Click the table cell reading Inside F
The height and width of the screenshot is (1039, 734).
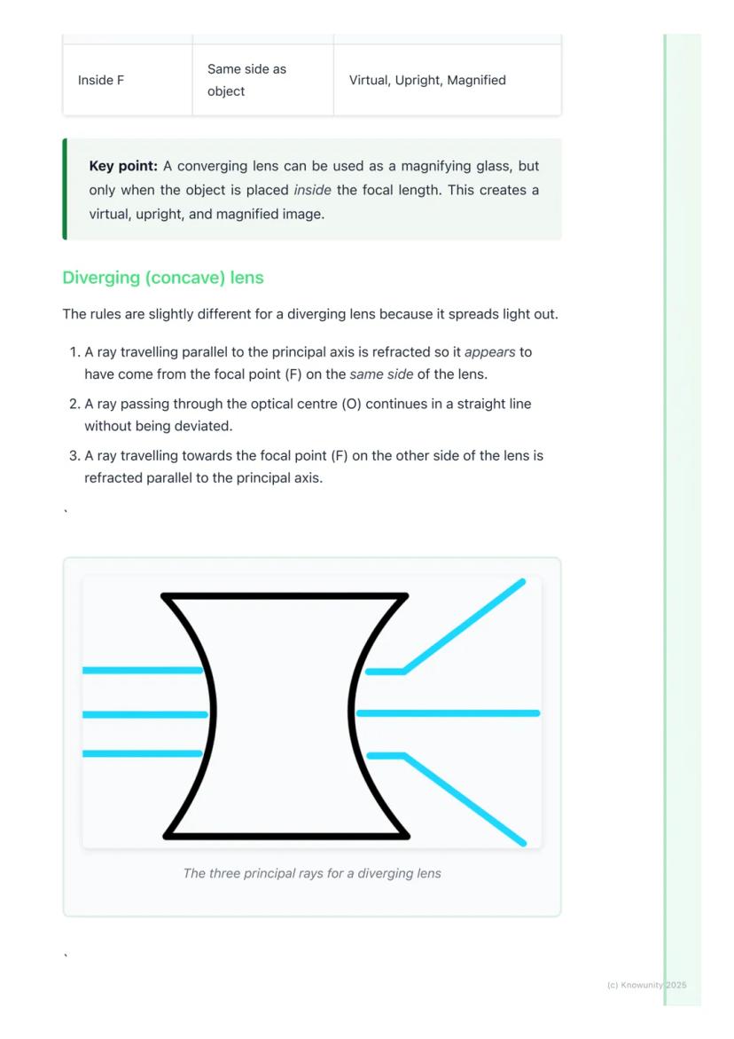pos(101,80)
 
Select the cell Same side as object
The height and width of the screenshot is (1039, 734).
pos(246,80)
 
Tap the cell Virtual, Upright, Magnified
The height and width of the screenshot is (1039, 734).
pos(427,80)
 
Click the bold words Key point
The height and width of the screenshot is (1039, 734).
pos(123,166)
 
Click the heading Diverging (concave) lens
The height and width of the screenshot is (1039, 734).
pos(163,278)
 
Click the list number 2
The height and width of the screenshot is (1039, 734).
pos(74,404)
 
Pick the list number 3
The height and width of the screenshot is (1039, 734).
pos(74,455)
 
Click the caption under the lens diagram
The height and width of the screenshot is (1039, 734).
pos(312,873)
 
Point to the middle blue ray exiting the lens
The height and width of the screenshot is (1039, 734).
pos(448,712)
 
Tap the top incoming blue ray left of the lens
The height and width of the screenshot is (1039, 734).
pos(142,670)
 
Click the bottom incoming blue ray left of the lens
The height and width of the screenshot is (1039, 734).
pos(142,753)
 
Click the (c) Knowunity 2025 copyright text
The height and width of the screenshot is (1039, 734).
pos(646,985)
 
